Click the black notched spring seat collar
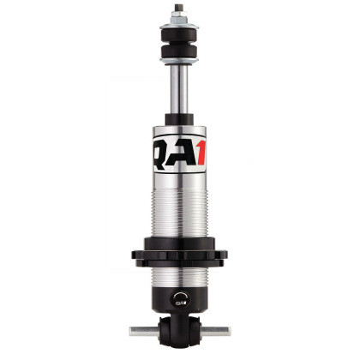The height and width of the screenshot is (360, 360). (x=179, y=255)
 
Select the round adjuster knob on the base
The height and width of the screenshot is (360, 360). (x=179, y=300)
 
